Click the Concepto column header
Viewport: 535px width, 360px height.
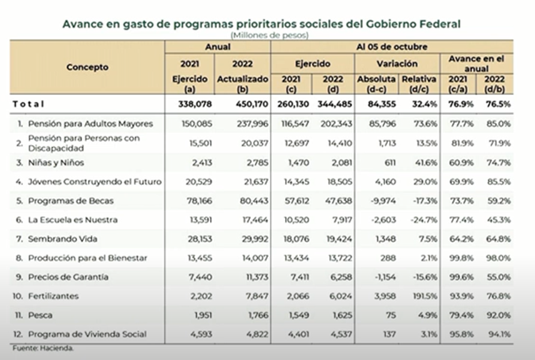click(87, 67)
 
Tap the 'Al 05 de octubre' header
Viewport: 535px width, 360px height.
click(391, 46)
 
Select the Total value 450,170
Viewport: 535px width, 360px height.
click(252, 104)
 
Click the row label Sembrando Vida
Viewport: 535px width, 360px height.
click(62, 239)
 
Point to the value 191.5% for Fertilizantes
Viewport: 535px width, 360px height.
click(425, 296)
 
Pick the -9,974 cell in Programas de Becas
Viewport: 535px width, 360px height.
click(383, 201)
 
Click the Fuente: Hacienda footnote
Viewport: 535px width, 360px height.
click(43, 349)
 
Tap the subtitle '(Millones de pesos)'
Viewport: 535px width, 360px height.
click(269, 35)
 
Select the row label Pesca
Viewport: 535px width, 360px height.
click(40, 315)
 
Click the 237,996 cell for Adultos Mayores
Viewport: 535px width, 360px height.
click(253, 124)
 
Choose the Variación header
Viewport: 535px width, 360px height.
click(397, 64)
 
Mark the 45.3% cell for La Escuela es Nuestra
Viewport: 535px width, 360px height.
click(499, 220)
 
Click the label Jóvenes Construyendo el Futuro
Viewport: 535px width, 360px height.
click(95, 181)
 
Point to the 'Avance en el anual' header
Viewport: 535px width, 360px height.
click(476, 64)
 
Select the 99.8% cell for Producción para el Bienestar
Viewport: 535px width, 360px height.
click(461, 258)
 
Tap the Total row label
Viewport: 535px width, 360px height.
click(29, 104)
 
